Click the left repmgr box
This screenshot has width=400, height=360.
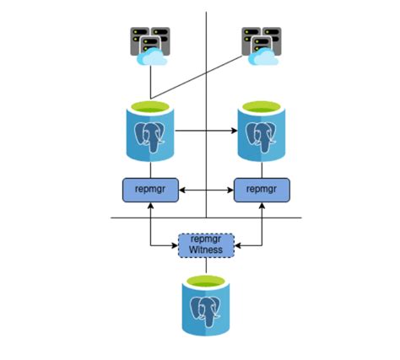click(x=150, y=191)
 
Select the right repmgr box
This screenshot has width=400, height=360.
click(x=261, y=191)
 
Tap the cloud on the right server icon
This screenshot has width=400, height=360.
click(x=266, y=56)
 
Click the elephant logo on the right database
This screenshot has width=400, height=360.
click(x=262, y=137)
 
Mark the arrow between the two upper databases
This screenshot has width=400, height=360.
click(x=206, y=131)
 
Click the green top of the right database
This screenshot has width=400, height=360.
click(x=261, y=106)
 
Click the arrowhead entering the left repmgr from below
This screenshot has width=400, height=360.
click(x=150, y=207)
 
